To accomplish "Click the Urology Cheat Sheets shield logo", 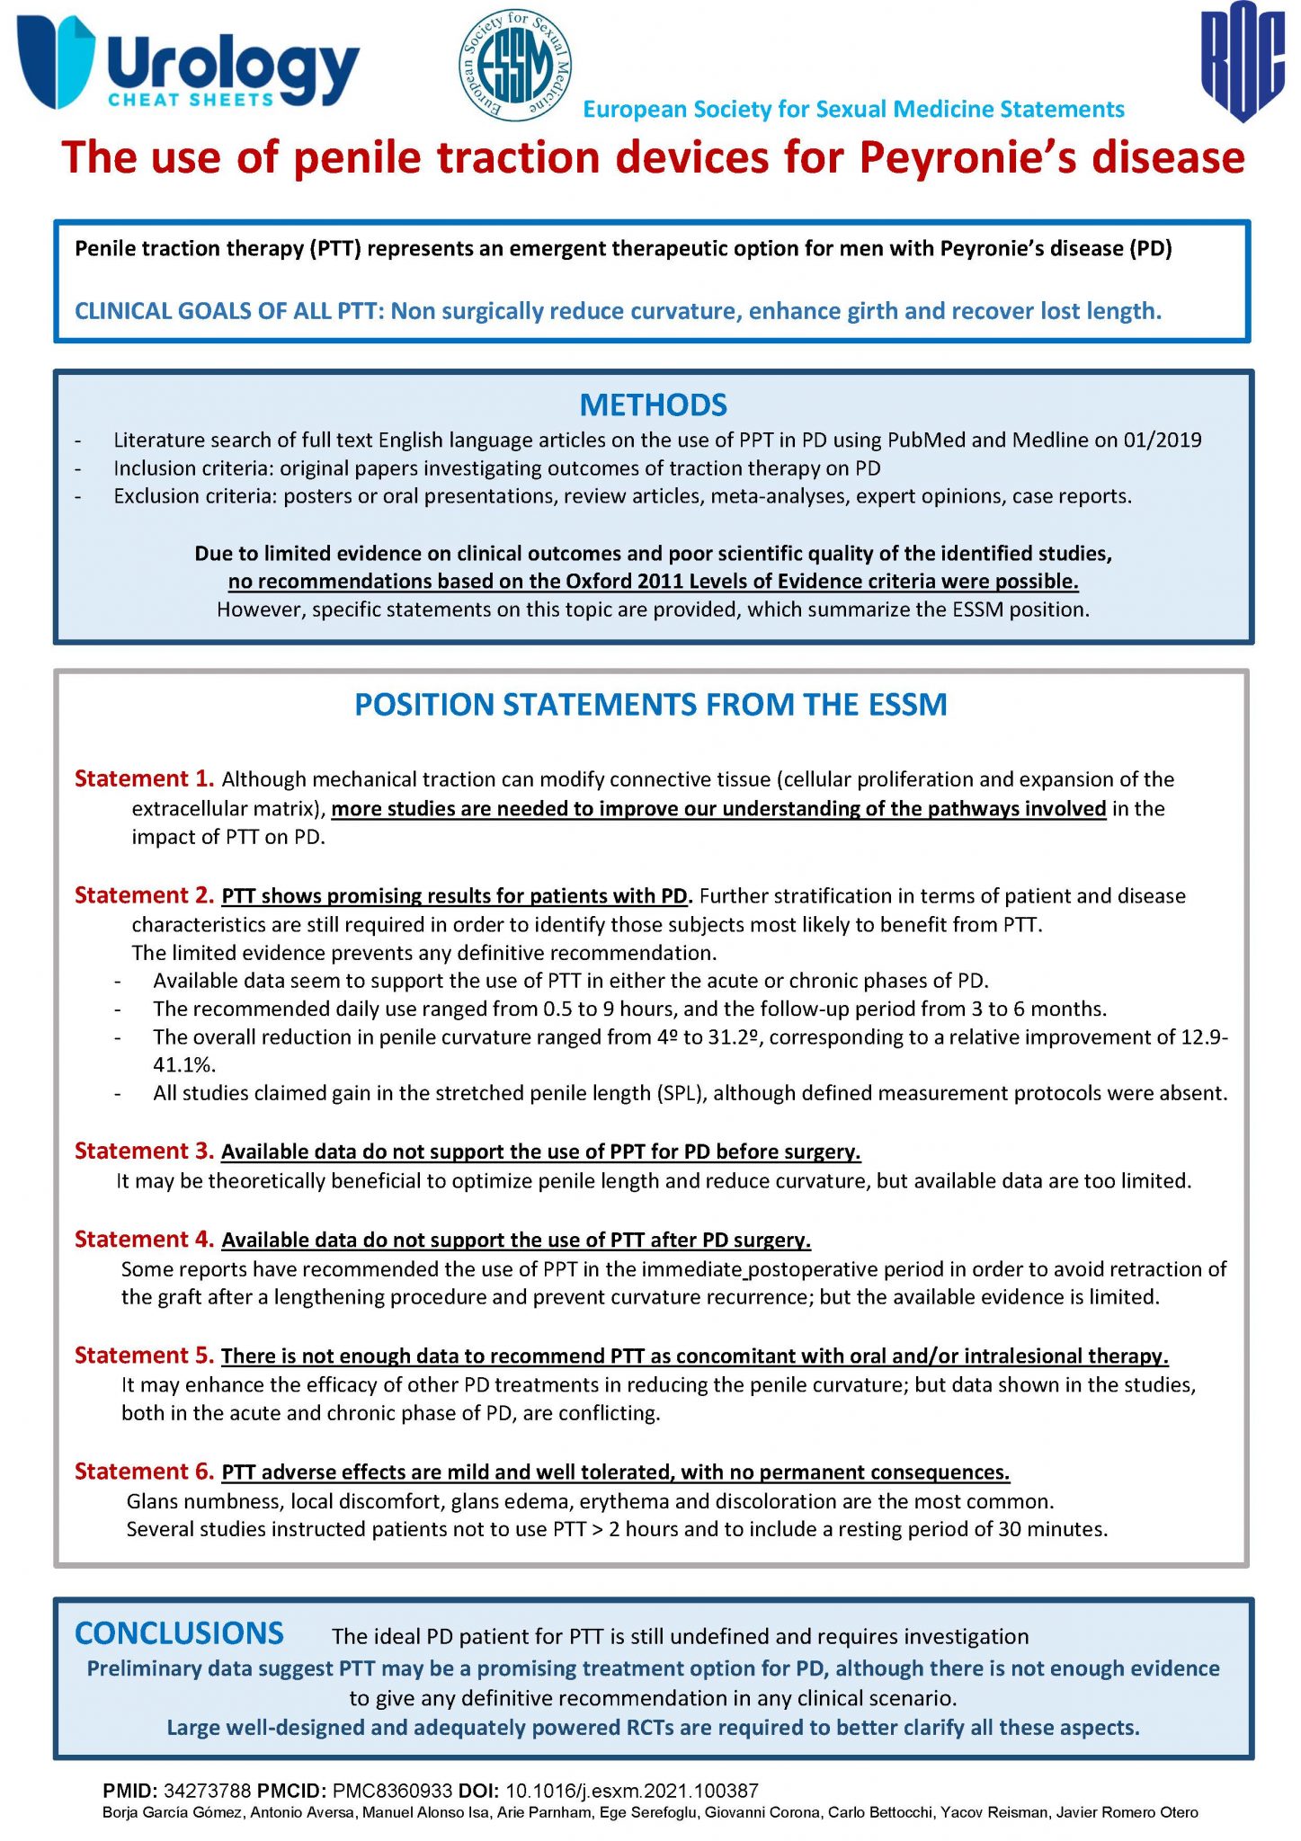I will [x=56, y=61].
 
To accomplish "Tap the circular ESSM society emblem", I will [x=514, y=65].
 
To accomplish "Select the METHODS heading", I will [x=653, y=405].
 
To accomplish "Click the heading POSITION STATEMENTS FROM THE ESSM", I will [x=651, y=705].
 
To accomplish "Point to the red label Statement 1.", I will [x=144, y=778].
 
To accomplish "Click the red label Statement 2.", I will [x=144, y=895].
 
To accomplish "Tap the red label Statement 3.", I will [x=144, y=1152].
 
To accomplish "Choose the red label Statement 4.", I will [x=144, y=1240].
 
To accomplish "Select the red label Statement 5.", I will [x=144, y=1356].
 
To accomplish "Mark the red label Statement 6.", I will [x=144, y=1472].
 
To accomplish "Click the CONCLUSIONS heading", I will [x=179, y=1633].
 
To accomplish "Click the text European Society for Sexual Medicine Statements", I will [x=853, y=110].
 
